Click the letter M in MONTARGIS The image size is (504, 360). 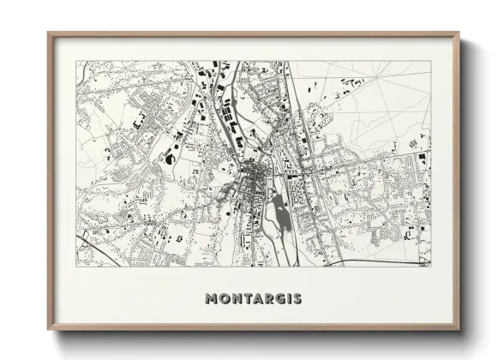212,299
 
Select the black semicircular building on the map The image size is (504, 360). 171,159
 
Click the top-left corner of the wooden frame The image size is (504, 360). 48,33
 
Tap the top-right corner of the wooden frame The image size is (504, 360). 459,33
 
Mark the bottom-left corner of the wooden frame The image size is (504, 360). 48,329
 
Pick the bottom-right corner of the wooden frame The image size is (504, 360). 459,329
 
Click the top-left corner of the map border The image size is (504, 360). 76,61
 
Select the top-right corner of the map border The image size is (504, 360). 430,61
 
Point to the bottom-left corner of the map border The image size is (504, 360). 76,266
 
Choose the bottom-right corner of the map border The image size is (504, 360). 430,266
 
